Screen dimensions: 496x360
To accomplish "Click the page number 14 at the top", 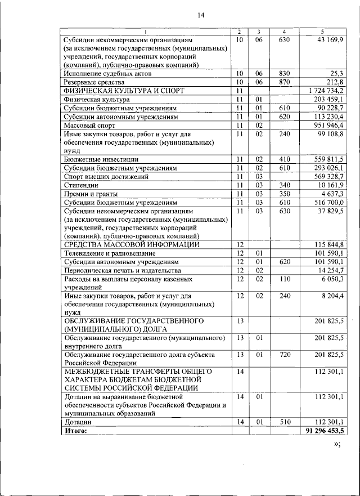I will coord(200,15).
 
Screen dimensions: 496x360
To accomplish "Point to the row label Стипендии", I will coord(82,185).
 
